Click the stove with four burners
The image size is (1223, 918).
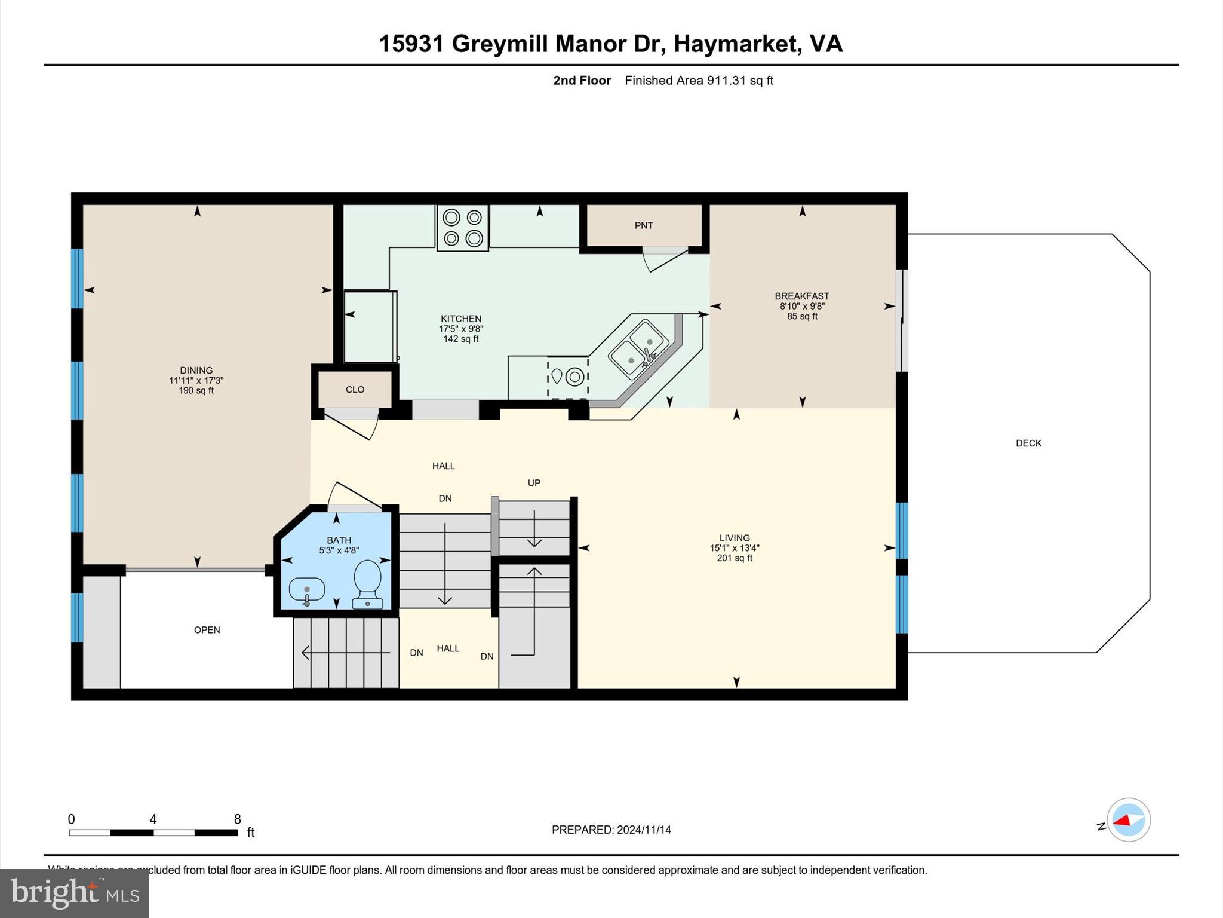pyautogui.click(x=463, y=228)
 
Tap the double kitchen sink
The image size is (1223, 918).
pyautogui.click(x=638, y=349)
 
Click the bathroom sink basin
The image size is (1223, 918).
pyautogui.click(x=306, y=589)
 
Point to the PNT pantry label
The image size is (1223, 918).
pyautogui.click(x=644, y=225)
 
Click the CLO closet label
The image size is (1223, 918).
pyautogui.click(x=355, y=390)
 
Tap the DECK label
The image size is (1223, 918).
pyautogui.click(x=1028, y=443)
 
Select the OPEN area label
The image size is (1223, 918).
pyautogui.click(x=207, y=630)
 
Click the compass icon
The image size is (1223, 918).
pyautogui.click(x=1128, y=820)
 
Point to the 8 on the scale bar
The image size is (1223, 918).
pyautogui.click(x=237, y=819)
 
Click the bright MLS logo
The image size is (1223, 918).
pyautogui.click(x=75, y=893)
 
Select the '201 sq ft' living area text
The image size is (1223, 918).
pyautogui.click(x=735, y=558)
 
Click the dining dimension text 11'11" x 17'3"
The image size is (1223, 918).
pyautogui.click(x=196, y=380)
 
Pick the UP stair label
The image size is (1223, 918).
pyautogui.click(x=534, y=483)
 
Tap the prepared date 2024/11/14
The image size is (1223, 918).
pyautogui.click(x=644, y=830)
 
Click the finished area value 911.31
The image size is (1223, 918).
pyautogui.click(x=726, y=81)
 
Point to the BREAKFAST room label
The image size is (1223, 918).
pyautogui.click(x=802, y=296)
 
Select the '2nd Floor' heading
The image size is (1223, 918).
pyautogui.click(x=582, y=81)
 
